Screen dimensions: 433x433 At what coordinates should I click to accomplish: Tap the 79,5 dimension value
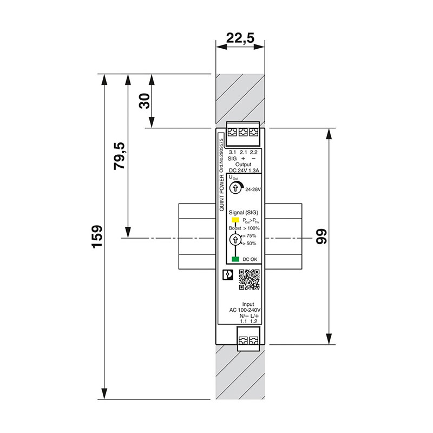(119, 156)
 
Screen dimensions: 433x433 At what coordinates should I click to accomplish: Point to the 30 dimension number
(145, 101)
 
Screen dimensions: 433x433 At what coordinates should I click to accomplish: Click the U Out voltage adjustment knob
(235, 188)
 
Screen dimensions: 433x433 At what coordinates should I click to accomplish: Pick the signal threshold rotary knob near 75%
(235, 238)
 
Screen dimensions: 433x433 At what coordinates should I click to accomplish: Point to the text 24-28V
(253, 190)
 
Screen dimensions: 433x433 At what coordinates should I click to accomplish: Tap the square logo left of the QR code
(228, 275)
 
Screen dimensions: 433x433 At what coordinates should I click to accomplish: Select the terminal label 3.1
(232, 152)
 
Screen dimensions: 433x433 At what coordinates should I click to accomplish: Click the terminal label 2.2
(253, 152)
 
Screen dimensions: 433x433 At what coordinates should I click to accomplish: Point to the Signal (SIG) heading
(245, 213)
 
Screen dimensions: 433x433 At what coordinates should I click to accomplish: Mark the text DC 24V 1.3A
(244, 170)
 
